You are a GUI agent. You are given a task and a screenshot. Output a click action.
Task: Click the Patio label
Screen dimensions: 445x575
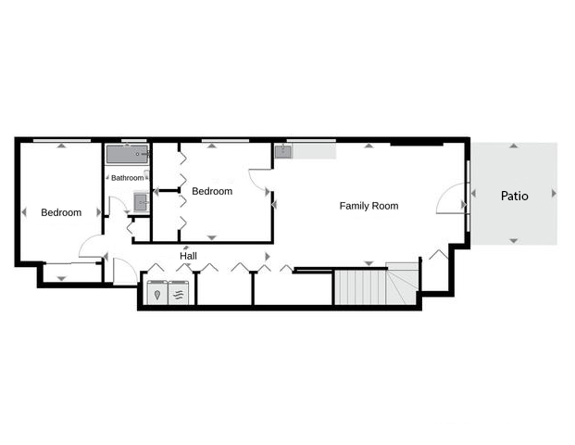514,196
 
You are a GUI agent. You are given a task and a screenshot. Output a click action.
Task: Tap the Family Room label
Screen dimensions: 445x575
369,206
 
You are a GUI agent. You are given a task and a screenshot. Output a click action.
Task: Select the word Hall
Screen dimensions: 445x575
188,256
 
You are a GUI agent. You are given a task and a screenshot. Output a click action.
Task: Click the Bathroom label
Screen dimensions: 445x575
127,178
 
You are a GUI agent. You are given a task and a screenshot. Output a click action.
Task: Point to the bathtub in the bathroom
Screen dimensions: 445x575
127,154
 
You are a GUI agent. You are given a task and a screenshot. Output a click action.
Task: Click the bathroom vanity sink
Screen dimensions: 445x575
140,202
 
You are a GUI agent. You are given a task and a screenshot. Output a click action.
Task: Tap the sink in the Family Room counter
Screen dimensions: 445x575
282,152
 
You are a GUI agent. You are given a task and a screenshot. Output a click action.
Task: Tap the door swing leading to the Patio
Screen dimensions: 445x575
451,197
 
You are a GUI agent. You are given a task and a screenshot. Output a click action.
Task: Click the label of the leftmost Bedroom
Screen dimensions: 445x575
61,212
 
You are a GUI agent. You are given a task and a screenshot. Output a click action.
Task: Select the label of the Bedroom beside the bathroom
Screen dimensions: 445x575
212,191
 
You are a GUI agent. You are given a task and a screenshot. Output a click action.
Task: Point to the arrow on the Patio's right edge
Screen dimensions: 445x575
554,193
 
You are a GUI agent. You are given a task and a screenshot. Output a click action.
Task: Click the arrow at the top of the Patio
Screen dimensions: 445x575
514,146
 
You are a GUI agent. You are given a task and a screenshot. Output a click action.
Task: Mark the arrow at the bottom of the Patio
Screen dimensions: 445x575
514,241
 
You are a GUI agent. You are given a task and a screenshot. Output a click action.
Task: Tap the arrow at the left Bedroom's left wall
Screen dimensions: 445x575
23,212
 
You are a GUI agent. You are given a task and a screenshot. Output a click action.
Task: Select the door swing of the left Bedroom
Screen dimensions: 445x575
91,246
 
